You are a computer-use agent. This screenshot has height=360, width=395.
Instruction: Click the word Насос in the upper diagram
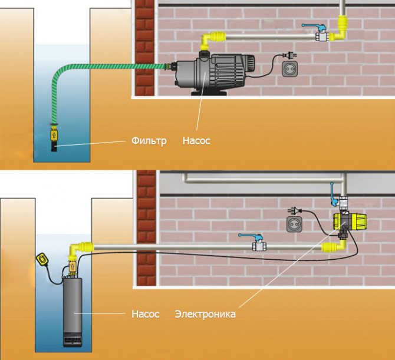[196, 141]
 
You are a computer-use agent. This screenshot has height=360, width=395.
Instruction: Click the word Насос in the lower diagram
[145, 315]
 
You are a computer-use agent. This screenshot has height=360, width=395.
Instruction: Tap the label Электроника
[205, 315]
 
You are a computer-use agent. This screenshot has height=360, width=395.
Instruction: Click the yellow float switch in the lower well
[42, 258]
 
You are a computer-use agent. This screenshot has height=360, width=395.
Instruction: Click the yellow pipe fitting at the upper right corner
[341, 27]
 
